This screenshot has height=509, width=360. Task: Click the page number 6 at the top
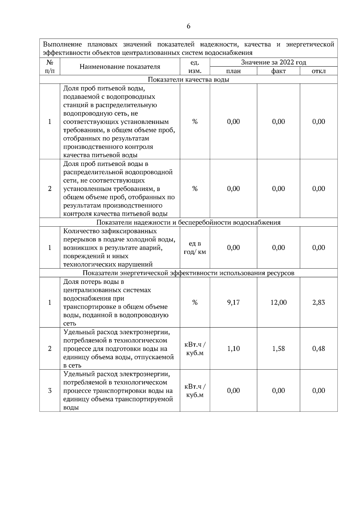click(x=188, y=26)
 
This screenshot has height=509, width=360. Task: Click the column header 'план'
click(x=233, y=71)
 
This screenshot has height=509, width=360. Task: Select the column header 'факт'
click(x=278, y=71)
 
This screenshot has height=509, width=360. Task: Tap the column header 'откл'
click(x=319, y=71)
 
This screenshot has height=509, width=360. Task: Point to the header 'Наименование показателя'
click(x=120, y=67)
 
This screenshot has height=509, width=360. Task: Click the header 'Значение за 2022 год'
click(x=274, y=62)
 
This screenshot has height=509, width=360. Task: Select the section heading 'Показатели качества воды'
click(x=188, y=79)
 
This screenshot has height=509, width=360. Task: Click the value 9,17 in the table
click(x=233, y=302)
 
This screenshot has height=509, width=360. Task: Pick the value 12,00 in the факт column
click(x=278, y=302)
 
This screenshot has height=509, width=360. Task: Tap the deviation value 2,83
click(x=319, y=302)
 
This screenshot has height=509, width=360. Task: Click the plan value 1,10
click(x=233, y=349)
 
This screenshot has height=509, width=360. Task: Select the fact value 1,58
click(x=278, y=349)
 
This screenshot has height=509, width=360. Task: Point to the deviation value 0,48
click(x=319, y=349)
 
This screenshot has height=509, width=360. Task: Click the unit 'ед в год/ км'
click(x=195, y=248)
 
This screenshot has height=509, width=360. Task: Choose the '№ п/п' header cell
click(x=50, y=67)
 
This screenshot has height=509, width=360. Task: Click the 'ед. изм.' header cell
click(x=195, y=67)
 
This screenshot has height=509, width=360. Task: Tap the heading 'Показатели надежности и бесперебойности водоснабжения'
click(x=188, y=222)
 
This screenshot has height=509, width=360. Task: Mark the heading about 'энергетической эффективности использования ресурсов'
click(x=188, y=273)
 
